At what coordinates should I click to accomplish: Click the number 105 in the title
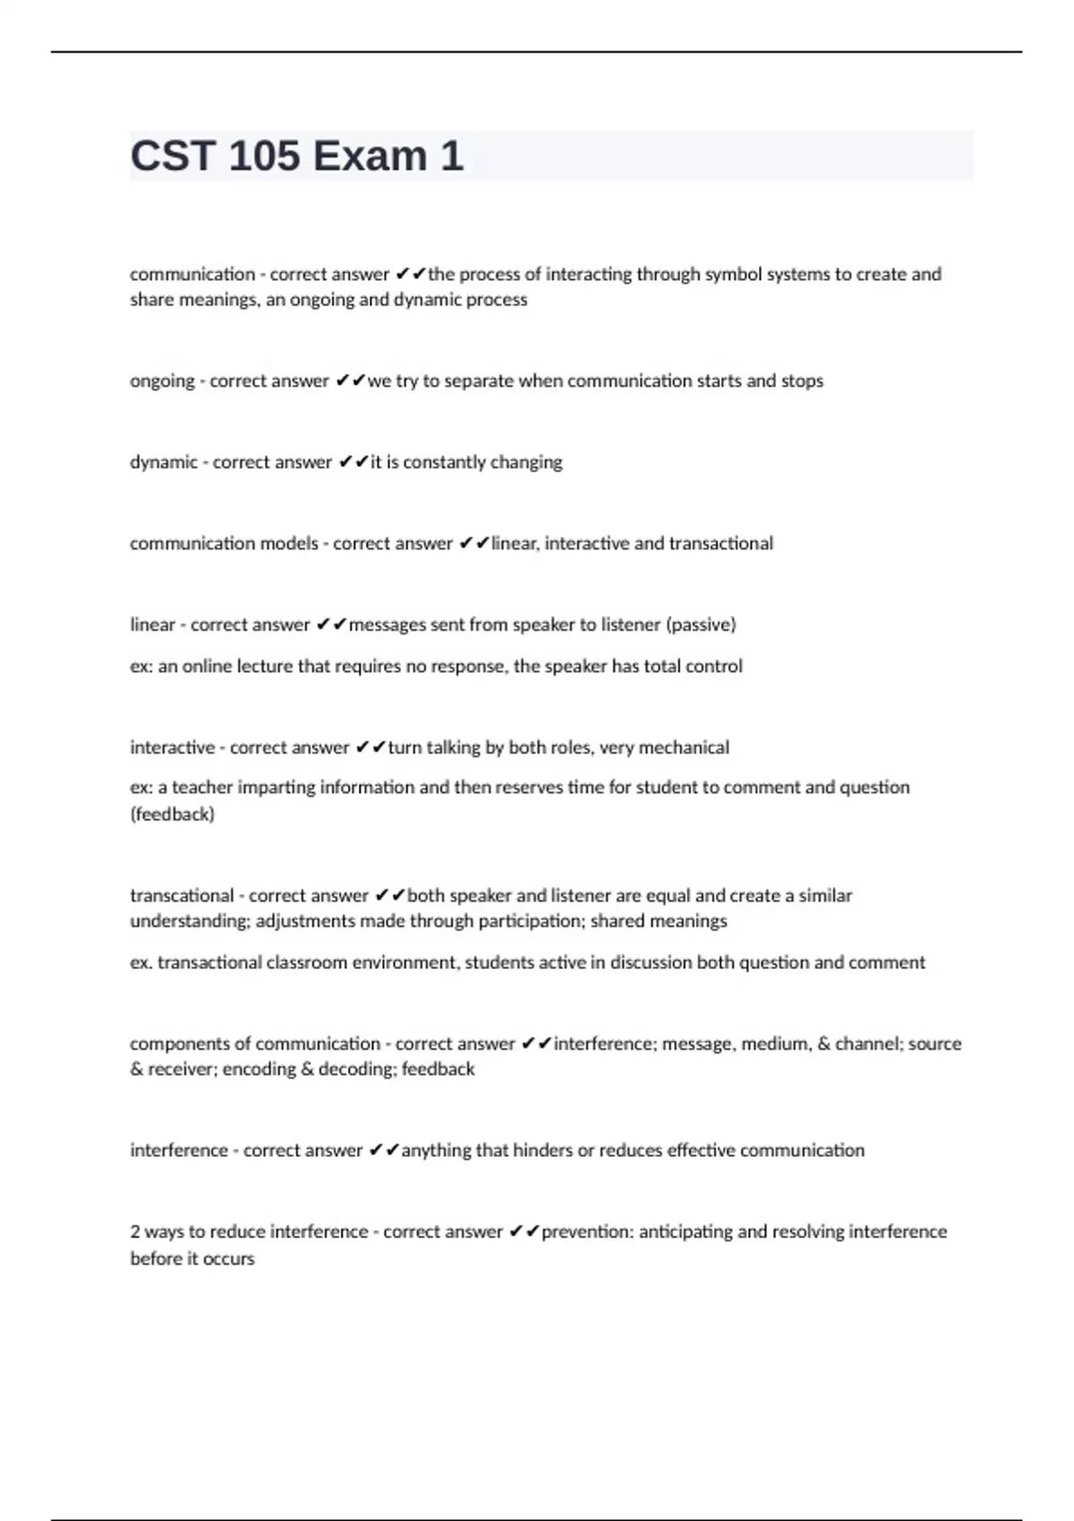point(264,156)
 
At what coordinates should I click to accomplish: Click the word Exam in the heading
point(370,156)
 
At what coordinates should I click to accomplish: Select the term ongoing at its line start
point(161,381)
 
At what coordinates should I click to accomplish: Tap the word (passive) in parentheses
point(701,625)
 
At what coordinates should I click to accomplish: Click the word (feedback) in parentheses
point(172,814)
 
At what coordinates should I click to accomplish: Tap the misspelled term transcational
point(181,896)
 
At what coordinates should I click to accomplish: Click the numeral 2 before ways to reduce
point(135,1232)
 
